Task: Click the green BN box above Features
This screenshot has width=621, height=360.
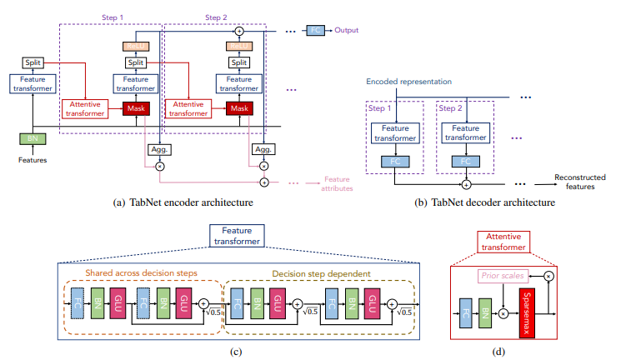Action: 32,138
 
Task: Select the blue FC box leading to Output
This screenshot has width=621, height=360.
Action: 315,31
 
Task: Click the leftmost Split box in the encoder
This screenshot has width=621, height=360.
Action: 32,62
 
